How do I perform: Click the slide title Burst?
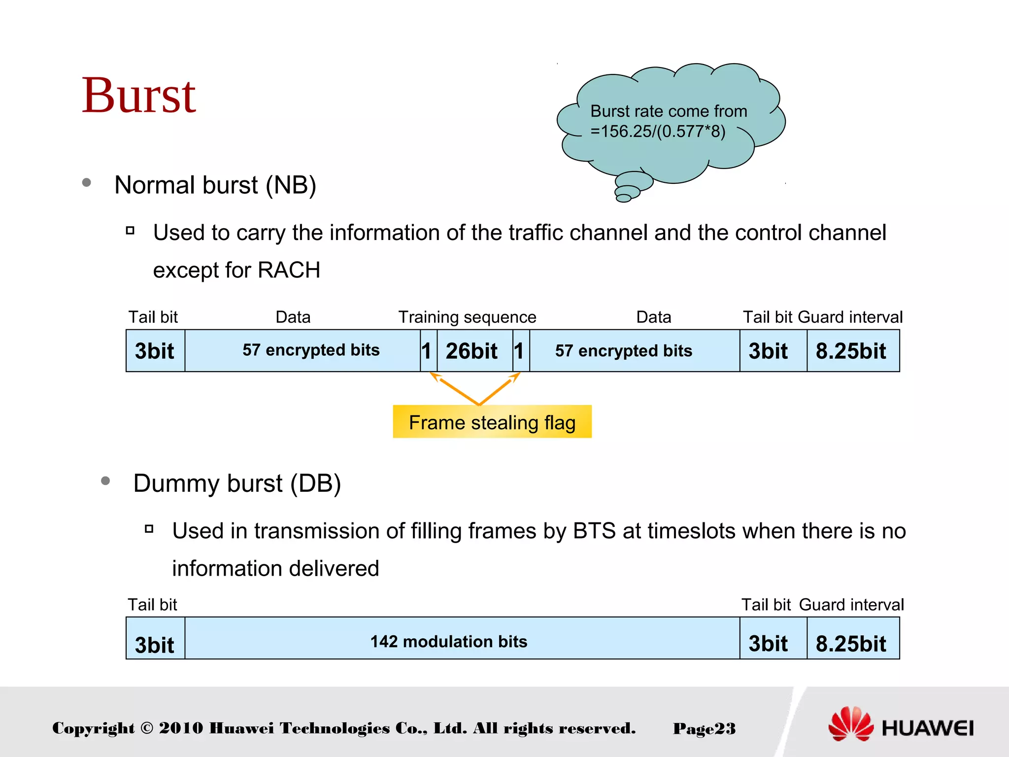[x=138, y=96]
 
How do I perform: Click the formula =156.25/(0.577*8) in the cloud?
[x=658, y=132]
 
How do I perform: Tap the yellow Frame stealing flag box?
[x=492, y=422]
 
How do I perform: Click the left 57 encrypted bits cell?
[x=310, y=350]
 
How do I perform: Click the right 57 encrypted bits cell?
[x=623, y=351]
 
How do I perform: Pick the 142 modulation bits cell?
[x=448, y=641]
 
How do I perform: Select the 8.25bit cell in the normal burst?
[x=851, y=351]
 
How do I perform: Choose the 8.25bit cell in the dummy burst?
[x=851, y=643]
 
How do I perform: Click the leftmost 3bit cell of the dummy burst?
[x=155, y=643]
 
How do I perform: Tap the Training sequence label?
[x=467, y=317]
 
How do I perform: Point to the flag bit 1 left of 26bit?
[x=427, y=351]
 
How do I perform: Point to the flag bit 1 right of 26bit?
[x=519, y=351]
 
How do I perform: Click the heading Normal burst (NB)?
[x=215, y=185]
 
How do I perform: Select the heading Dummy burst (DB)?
[x=236, y=483]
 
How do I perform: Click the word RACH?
[x=289, y=270]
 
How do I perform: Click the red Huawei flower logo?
[x=850, y=723]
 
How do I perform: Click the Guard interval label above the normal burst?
[x=850, y=317]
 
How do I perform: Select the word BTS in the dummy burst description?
[x=594, y=531]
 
